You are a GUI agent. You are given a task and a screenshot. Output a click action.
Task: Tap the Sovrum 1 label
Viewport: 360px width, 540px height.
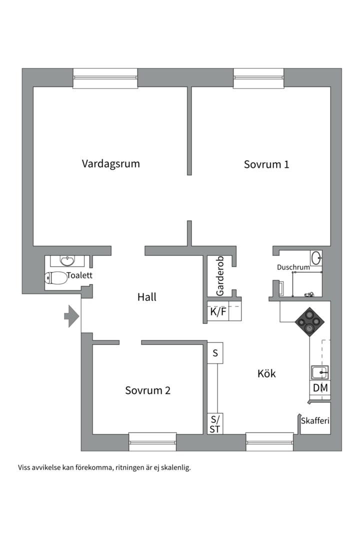coord(266,164)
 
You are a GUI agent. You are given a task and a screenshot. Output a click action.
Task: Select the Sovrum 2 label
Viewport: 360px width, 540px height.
coord(147,390)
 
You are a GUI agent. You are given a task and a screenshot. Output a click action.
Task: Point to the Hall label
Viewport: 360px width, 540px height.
coord(147,297)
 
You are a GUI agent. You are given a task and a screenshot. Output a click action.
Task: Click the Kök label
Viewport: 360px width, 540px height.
coord(266,373)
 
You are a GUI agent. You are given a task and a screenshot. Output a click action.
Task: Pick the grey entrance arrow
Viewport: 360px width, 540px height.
coord(71,316)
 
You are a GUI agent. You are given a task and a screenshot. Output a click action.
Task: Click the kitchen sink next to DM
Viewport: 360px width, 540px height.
coord(319,372)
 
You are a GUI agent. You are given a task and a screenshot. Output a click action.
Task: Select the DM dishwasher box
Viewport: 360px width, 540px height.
coord(319,388)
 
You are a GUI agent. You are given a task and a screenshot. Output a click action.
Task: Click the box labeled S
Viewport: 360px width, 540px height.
coord(215,353)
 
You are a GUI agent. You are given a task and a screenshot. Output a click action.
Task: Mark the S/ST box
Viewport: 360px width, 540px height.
coord(215,423)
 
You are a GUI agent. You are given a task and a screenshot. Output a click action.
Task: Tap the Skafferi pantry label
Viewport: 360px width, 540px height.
coord(314,421)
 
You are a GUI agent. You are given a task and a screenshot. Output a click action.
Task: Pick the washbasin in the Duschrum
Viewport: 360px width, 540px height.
coord(316,258)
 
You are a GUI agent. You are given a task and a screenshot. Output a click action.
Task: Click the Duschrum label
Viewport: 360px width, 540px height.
coord(293,267)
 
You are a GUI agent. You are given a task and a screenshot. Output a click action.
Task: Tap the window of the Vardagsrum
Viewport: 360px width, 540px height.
coord(105,78)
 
